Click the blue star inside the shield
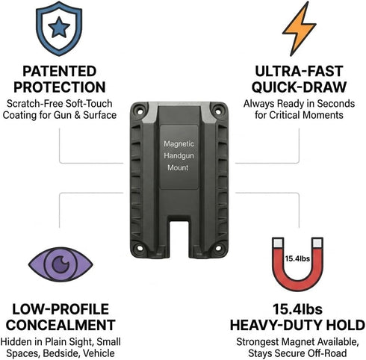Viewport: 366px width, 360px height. click(59, 27)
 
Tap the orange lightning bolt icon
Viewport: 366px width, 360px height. click(299, 28)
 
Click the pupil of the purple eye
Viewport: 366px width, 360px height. click(61, 264)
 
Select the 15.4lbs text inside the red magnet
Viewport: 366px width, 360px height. click(297, 258)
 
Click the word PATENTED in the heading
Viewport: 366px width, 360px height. click(60, 71)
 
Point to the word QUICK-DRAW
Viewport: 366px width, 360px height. click(299, 87)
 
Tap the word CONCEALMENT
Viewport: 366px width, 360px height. click(61, 325)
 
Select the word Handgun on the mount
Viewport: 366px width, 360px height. click(179, 156)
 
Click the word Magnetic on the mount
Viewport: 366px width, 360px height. click(179, 143)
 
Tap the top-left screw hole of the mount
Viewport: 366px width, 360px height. click(140, 111)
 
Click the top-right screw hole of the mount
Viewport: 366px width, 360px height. click(218, 111)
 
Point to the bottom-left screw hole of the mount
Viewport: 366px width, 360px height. click(139, 248)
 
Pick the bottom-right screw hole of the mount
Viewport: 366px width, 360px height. click(218, 248)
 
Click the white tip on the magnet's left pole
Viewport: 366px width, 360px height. click(278, 243)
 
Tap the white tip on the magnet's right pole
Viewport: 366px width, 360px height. click(317, 243)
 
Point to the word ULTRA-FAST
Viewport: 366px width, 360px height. click(299, 71)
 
